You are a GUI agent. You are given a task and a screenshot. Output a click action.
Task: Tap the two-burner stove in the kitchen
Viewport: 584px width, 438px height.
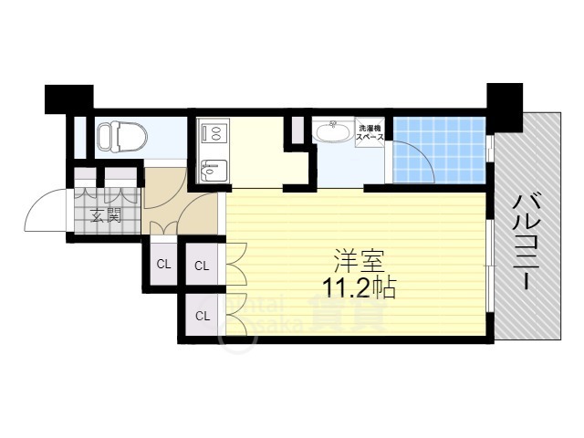coord(214,134)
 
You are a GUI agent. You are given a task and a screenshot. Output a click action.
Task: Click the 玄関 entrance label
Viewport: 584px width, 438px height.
coord(106,216)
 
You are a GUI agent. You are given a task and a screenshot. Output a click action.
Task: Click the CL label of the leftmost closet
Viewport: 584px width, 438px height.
coord(163,265)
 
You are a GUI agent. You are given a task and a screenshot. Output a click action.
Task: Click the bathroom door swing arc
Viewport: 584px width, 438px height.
coord(415,164)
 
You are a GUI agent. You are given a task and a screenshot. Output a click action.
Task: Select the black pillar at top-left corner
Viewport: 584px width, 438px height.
coord(68,98)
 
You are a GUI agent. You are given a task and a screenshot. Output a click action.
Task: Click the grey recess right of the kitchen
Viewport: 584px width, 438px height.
coord(297,131)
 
